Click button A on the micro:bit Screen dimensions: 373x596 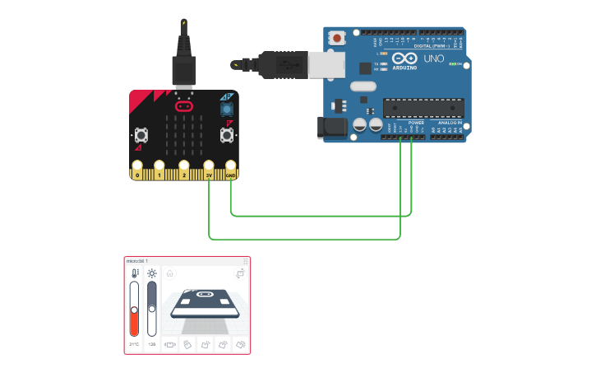click(141, 134)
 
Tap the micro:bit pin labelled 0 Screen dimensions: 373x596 click(136, 175)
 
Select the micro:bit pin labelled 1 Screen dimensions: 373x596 click(159, 175)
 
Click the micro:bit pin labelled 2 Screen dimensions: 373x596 click(184, 175)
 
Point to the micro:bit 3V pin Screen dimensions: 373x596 click(209, 175)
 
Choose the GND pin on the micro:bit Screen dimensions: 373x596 click(231, 175)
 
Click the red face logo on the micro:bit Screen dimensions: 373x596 click(184, 106)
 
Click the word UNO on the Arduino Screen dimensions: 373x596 click(433, 59)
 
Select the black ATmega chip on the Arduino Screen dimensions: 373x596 click(423, 108)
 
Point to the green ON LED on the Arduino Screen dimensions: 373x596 click(451, 63)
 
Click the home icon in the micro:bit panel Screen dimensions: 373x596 click(170, 273)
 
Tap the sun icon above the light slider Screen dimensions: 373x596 click(151, 273)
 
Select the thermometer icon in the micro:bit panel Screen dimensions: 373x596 click(134, 273)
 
